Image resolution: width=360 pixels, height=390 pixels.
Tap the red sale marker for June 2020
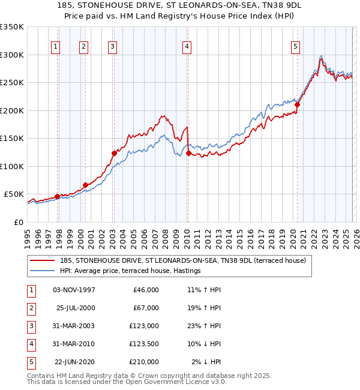pyautogui.click(x=297, y=104)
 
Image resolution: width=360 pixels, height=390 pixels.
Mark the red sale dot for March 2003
pyautogui.click(x=113, y=153)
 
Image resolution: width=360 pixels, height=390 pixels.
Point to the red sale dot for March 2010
pyautogui.click(x=188, y=153)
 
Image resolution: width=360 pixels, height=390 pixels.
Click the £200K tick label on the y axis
pyautogui.click(x=12, y=110)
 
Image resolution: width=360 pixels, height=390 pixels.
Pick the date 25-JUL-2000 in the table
pyautogui.click(x=75, y=308)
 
